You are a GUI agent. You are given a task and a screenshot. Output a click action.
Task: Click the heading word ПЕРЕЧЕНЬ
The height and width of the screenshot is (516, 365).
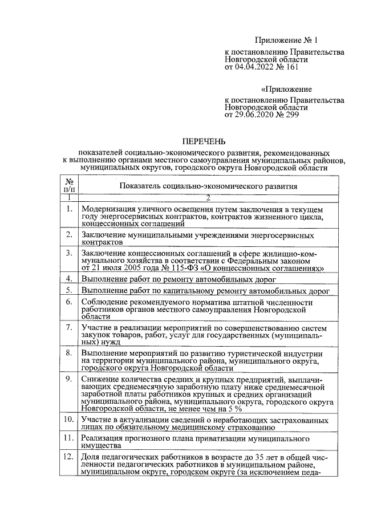[204, 141]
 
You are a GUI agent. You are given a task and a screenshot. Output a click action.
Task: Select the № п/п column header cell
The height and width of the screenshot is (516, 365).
[68, 185]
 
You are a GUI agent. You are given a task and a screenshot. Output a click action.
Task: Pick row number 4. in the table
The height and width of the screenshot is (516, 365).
[68, 279]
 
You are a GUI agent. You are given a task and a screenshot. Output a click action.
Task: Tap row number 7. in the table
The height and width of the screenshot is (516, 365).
[68, 327]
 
